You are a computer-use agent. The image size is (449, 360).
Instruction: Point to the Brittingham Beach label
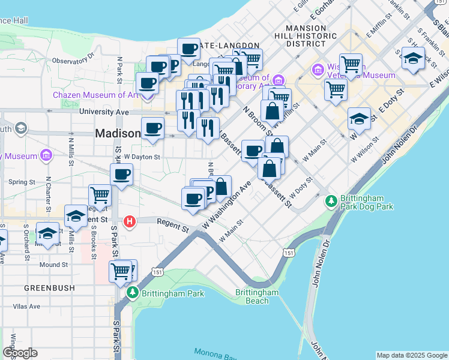(x=257, y=296)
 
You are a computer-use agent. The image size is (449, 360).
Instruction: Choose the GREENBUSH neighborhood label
(x=49, y=288)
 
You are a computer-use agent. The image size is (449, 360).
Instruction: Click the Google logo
(x=20, y=353)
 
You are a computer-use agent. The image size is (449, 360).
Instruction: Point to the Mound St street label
(x=53, y=265)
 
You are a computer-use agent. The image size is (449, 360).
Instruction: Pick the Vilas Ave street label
(x=26, y=306)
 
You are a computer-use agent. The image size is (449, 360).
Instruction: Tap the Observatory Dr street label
(x=74, y=60)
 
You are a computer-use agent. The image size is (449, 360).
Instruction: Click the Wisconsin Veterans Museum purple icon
(x=318, y=71)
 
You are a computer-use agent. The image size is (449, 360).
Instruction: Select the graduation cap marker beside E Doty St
(x=358, y=119)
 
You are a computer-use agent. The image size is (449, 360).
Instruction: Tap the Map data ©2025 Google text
(x=411, y=355)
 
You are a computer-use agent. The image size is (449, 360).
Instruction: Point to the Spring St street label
(x=22, y=182)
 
